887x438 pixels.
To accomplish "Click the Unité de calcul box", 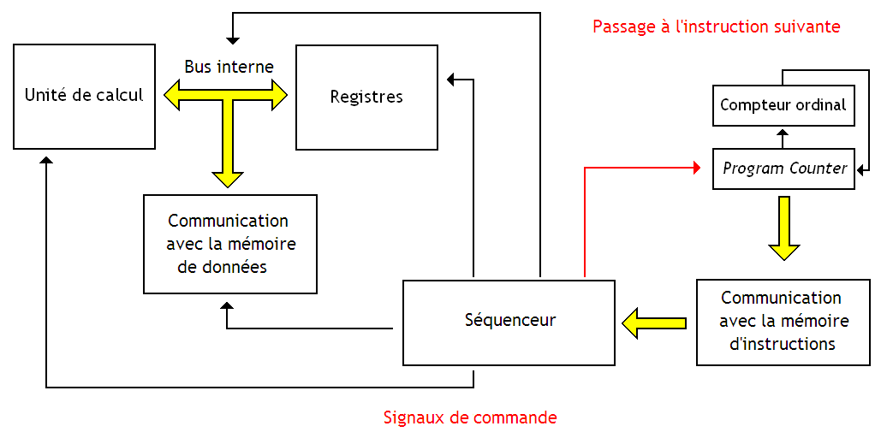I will point(84,96).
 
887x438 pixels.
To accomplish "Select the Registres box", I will point(366,97).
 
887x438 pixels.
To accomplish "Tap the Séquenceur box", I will point(509,322).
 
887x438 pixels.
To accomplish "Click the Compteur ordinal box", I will point(783,105).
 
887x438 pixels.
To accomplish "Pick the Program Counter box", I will point(783,169).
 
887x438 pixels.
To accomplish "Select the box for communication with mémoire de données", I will point(230,244).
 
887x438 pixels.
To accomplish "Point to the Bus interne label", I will point(229,67).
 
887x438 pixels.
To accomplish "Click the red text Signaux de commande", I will point(470,418).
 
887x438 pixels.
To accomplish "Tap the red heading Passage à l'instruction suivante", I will point(716,27).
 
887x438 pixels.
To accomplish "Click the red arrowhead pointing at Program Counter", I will point(696,168).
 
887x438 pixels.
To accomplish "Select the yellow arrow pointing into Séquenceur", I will point(654,323).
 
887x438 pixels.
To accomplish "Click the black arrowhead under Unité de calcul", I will point(46,162).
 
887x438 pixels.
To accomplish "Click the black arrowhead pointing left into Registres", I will point(452,80).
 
